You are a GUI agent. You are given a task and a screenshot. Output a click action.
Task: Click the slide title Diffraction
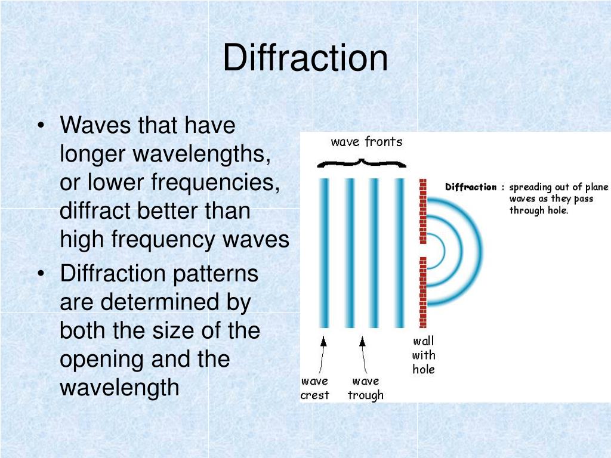point(305,58)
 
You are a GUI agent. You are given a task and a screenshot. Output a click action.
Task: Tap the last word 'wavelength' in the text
point(119,388)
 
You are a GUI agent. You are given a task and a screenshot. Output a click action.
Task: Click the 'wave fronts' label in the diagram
point(366,142)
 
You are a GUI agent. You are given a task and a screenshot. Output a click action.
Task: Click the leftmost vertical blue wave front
point(324,253)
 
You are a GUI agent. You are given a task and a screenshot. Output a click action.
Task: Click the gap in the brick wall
point(423,250)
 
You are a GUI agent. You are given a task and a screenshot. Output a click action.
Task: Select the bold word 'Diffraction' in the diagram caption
point(471,187)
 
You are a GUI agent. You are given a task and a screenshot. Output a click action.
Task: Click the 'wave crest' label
point(314,388)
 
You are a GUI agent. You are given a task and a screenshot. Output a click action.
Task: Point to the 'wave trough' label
point(365,388)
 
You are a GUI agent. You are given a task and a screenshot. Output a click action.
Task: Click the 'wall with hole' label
point(424,355)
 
